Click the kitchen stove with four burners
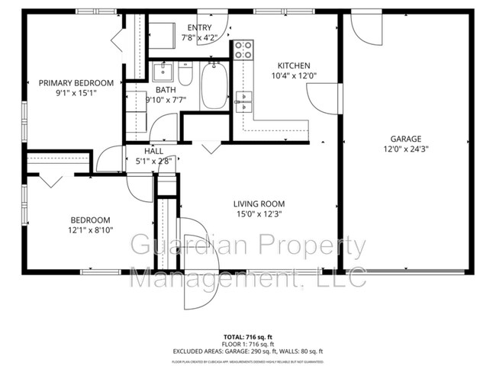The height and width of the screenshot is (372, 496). [243, 51]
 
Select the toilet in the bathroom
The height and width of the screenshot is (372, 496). [185, 75]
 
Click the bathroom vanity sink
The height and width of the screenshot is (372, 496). [163, 74]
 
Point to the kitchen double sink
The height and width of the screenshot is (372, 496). [243, 101]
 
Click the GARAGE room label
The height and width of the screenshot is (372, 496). [405, 139]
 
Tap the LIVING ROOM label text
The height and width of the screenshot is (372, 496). [259, 204]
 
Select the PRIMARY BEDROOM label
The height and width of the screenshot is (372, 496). [76, 83]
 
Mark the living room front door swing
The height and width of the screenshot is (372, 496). [199, 259]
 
